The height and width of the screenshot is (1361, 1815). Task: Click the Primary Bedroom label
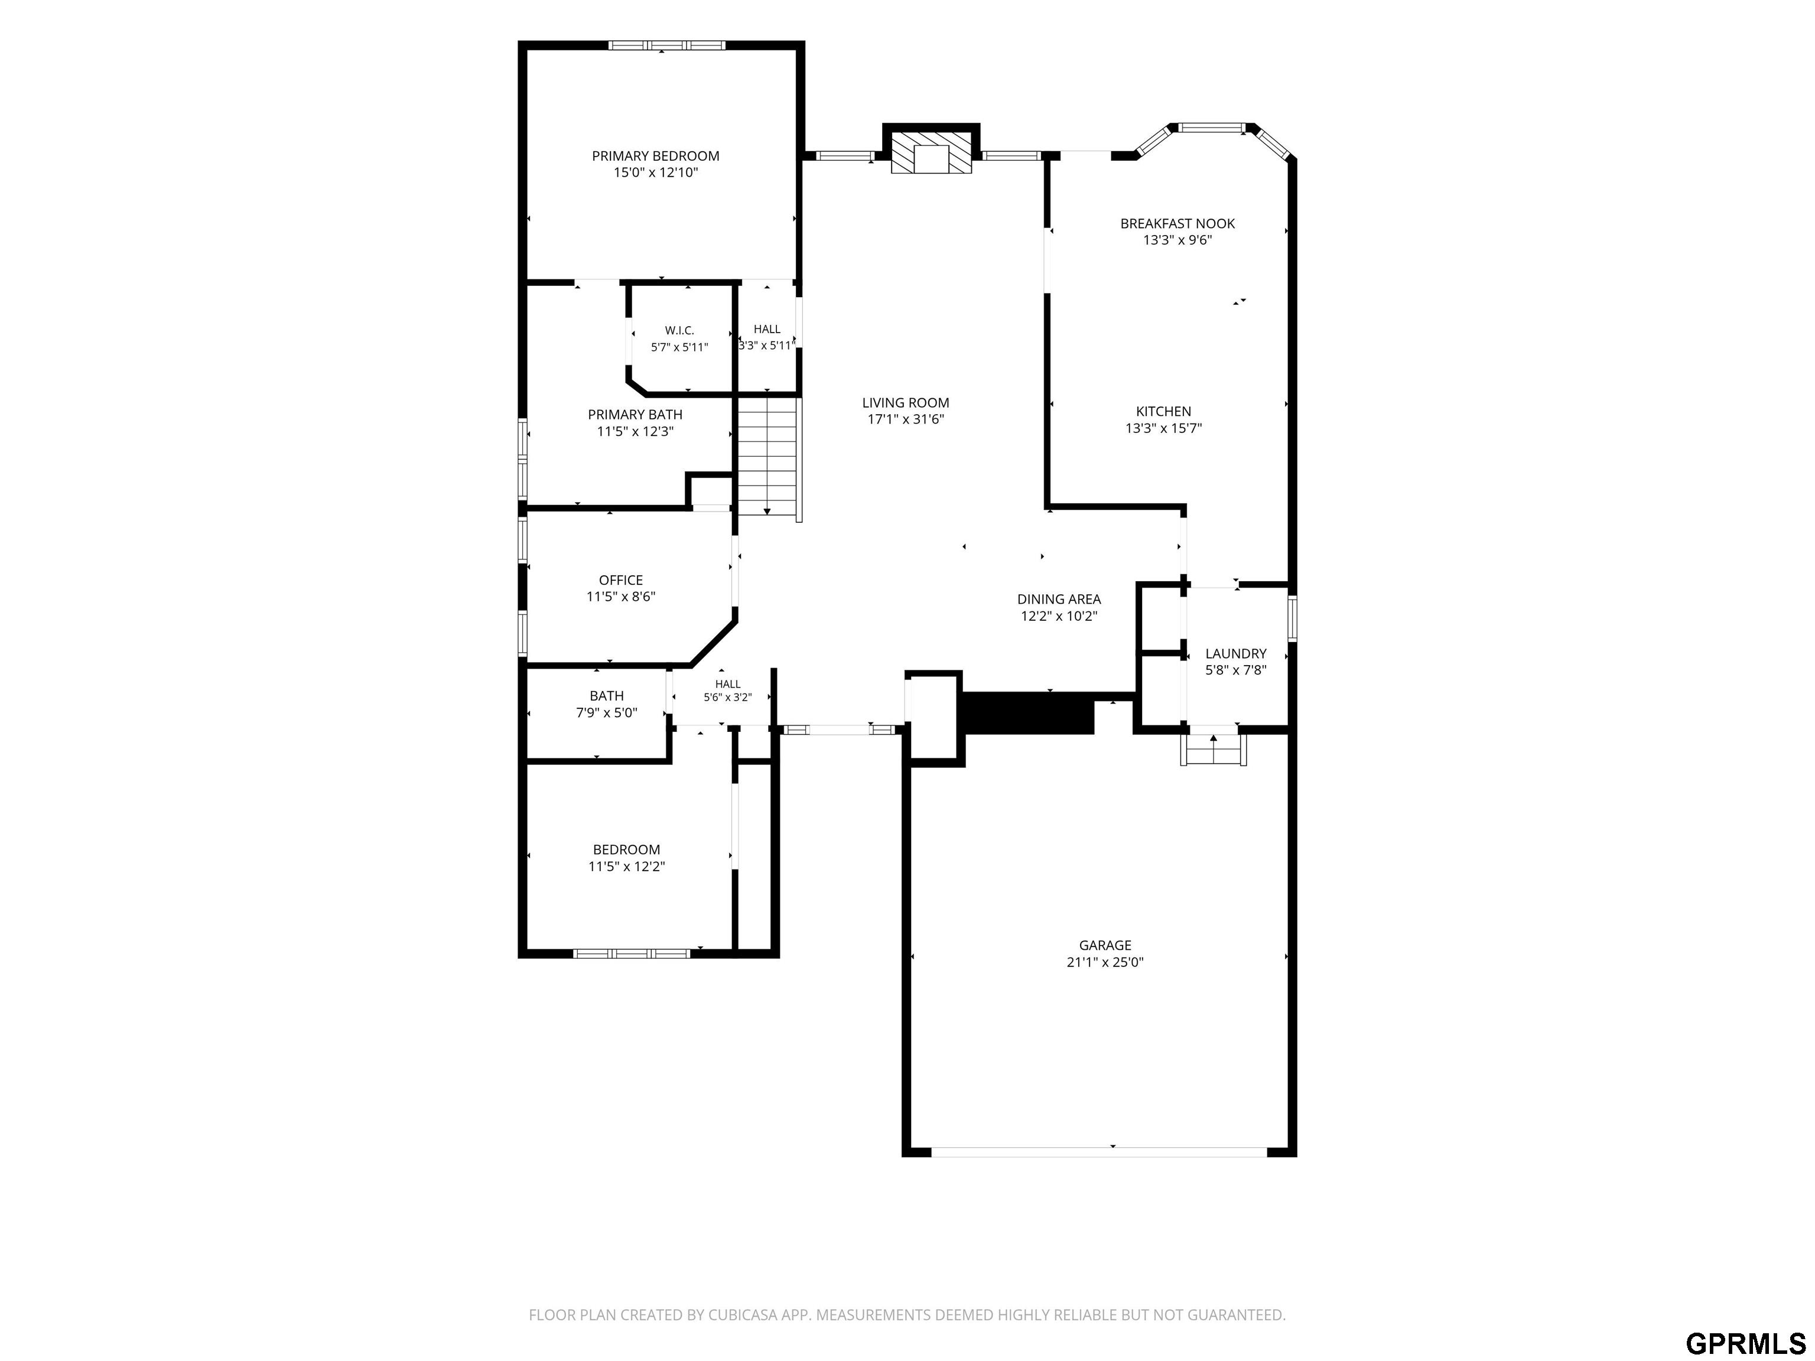point(656,156)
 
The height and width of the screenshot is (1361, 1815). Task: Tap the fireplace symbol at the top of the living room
point(931,154)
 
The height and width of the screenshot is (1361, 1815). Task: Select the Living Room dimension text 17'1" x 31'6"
point(906,419)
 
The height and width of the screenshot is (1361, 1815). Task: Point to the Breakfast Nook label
point(1178,223)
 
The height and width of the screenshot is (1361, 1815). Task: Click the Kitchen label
point(1163,411)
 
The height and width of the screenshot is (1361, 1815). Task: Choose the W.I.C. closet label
point(679,331)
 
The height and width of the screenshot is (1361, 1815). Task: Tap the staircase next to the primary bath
point(768,457)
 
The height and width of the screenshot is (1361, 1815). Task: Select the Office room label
point(621,580)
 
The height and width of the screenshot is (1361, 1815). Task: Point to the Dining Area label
point(1059,599)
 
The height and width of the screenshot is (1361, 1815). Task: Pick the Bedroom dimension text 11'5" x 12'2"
point(627,867)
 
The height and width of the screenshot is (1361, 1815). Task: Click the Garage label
point(1105,945)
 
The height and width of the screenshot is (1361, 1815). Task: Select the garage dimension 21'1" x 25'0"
point(1105,962)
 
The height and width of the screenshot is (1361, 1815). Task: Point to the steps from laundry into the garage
point(1214,749)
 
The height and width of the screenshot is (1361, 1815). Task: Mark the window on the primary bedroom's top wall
point(666,45)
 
